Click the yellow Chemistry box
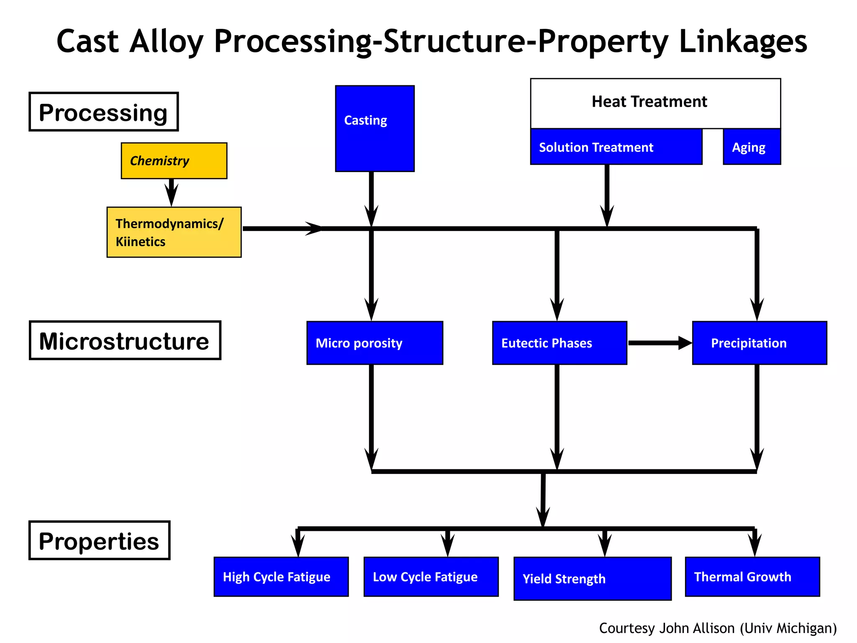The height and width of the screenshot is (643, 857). coord(174,161)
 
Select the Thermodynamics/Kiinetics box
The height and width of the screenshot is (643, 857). coord(174,232)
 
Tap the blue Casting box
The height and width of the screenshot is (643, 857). coord(375,129)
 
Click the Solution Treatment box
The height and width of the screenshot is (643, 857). coord(616,147)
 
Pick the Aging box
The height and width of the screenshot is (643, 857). coord(752,147)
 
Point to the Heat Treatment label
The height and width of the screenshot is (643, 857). coord(649,102)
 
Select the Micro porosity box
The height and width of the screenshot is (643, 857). coord(375,343)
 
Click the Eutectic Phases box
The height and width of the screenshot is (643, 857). coord(559,343)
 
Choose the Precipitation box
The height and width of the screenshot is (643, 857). coord(759,343)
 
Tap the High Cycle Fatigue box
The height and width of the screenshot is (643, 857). coord(281,576)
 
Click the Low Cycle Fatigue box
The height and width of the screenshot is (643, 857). coord(431,576)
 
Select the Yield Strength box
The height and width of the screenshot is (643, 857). coord(592,579)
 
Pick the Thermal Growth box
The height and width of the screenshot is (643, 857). coord(752,576)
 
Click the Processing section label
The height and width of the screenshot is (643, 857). coord(103,112)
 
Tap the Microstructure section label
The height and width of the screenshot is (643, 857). coord(125,340)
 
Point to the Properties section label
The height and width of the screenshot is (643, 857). coord(99,540)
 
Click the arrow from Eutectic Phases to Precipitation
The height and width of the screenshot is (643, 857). coord(659,343)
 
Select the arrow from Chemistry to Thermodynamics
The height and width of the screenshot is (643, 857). coord(171,192)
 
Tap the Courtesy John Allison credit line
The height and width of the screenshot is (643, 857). coord(718,628)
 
